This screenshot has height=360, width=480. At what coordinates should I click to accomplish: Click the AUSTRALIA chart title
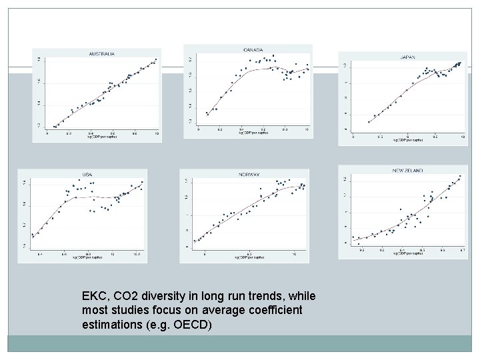point(102,53)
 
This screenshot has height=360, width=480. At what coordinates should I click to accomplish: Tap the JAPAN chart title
point(407,57)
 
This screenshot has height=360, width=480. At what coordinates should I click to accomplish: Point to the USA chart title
point(87,174)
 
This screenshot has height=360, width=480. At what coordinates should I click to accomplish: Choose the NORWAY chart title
point(249,175)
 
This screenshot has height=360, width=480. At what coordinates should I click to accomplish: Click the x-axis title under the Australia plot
point(102,138)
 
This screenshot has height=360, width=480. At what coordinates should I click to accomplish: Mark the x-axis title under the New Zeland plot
point(407,257)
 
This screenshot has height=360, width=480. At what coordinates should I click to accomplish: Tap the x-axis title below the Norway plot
point(249,259)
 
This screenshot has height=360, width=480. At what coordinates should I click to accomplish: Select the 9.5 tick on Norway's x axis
point(249,254)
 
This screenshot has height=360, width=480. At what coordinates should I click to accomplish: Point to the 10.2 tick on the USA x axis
point(136,254)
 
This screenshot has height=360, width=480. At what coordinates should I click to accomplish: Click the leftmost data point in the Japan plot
point(369,121)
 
